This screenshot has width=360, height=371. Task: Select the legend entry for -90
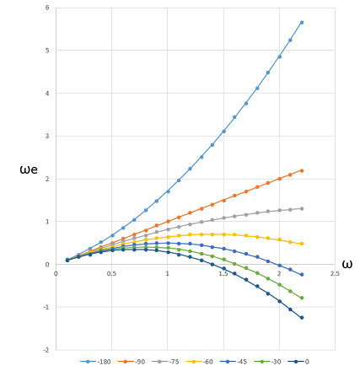coord(132,361)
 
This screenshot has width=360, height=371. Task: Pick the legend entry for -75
coord(166,361)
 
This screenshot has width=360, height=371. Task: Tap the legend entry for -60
coord(200,361)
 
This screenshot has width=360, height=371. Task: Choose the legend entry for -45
coord(234,361)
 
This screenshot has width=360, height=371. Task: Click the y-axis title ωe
coord(30,170)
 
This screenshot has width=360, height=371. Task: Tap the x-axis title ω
coord(347,264)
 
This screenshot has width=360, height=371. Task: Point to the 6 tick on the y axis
coord(47,8)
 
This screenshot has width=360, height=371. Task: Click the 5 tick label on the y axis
coord(47,51)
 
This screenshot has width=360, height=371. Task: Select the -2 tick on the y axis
coord(46,349)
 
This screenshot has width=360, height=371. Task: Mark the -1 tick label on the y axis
coord(46,307)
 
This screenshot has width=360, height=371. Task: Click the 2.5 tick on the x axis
coord(335,273)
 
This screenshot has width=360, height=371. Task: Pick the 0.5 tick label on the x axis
coord(111,273)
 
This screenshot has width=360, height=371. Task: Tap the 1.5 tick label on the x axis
coord(223,273)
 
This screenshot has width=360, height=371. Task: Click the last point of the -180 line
coord(302,22)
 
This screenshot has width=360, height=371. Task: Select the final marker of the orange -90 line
coord(302,170)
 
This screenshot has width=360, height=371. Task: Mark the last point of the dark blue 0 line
coord(302,318)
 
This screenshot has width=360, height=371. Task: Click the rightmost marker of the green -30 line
coord(302,298)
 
